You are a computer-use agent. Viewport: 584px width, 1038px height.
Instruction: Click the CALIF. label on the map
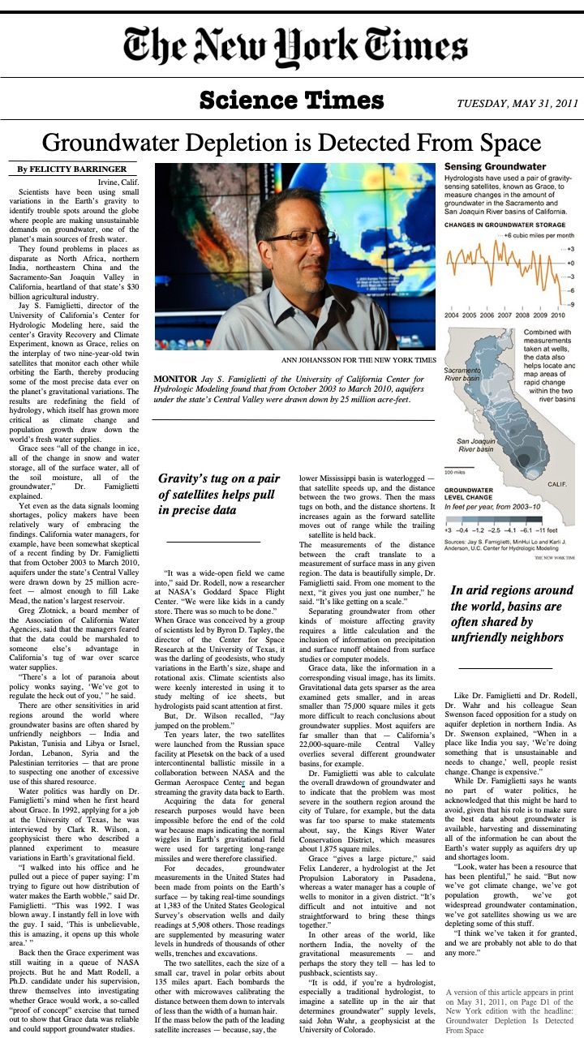click(557, 483)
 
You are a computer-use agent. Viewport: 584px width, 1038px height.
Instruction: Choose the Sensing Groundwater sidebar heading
click(494, 166)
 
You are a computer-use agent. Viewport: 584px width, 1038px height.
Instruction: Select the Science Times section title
click(291, 101)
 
